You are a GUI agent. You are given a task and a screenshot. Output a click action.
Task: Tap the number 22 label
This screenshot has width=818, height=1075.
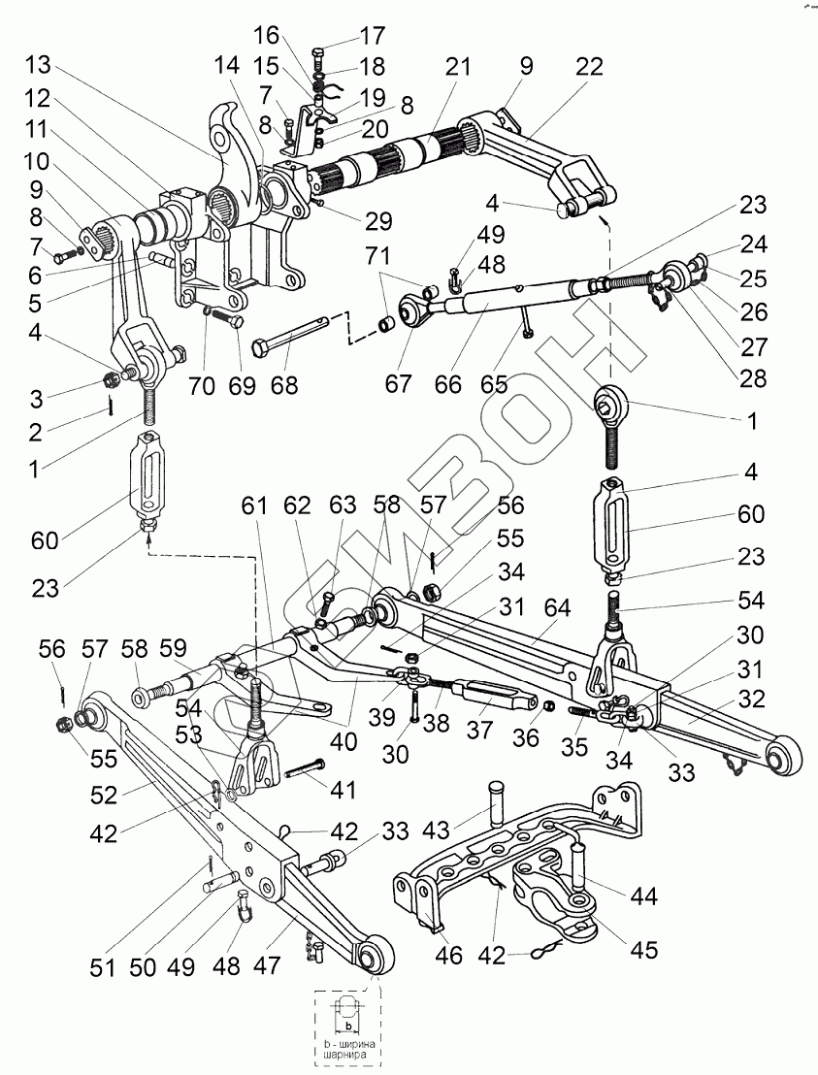(589, 67)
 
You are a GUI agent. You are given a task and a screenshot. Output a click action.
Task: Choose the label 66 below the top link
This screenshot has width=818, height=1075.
(448, 385)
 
